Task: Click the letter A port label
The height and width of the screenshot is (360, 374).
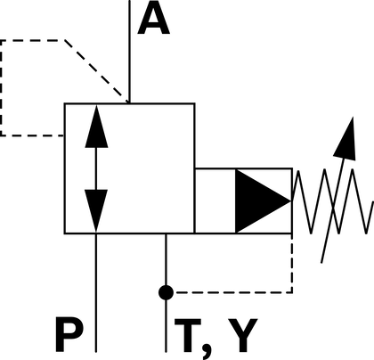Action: click(x=154, y=20)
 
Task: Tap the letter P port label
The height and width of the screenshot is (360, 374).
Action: click(x=69, y=334)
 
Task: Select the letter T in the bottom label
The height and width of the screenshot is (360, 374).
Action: click(x=188, y=335)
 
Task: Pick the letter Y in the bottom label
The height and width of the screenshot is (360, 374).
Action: click(x=242, y=335)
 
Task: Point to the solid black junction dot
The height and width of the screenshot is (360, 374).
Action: click(x=166, y=292)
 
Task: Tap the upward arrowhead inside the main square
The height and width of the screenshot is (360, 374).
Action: click(x=96, y=127)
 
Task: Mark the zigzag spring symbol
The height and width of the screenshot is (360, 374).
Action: click(x=332, y=201)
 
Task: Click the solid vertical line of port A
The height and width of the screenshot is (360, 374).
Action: click(x=129, y=52)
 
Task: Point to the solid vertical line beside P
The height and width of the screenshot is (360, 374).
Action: click(x=96, y=293)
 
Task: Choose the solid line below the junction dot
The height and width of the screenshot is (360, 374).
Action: click(x=166, y=326)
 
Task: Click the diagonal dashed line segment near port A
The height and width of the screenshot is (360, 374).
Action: click(x=97, y=71)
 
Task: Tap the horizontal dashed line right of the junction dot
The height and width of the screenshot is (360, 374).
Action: click(x=233, y=292)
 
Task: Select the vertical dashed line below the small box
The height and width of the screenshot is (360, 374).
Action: click(x=292, y=263)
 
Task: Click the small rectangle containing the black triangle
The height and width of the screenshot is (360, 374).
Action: click(x=243, y=201)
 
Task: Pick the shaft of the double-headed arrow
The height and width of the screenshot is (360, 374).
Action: click(x=96, y=168)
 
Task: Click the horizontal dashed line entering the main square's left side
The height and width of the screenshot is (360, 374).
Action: click(x=32, y=135)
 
